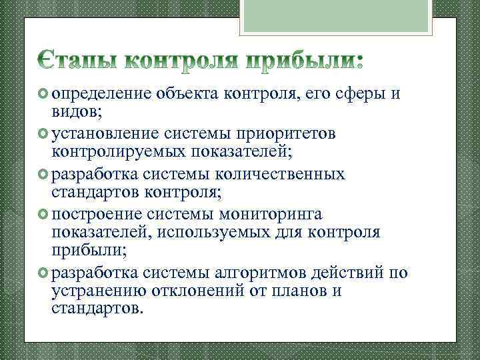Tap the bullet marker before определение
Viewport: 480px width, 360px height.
tap(42, 93)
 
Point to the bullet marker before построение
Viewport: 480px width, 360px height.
tap(42, 215)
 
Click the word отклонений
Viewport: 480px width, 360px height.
tap(205, 291)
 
